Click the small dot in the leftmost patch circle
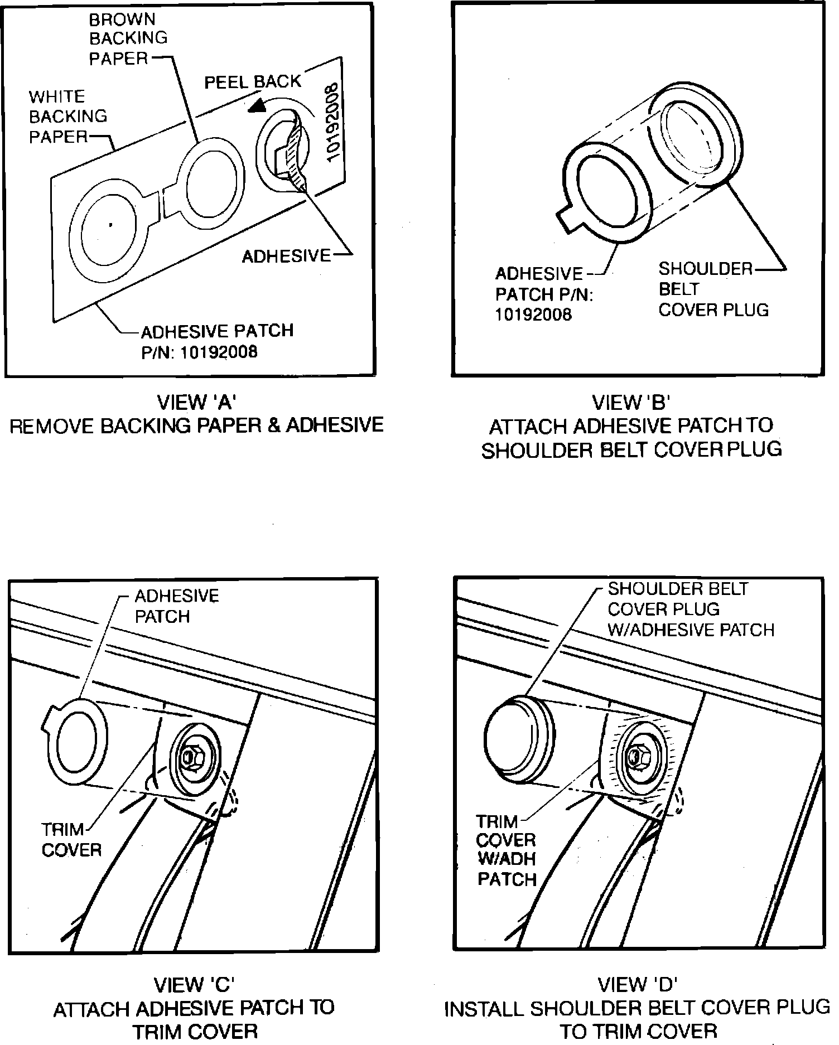(x=111, y=225)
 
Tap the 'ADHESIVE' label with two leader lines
(x=286, y=256)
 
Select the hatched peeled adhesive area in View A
(x=296, y=156)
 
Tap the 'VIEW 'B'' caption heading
(x=630, y=402)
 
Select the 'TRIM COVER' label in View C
(x=71, y=839)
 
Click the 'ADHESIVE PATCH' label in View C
(x=176, y=606)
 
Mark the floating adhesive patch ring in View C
(x=74, y=742)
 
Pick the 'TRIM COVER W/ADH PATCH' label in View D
(x=506, y=849)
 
